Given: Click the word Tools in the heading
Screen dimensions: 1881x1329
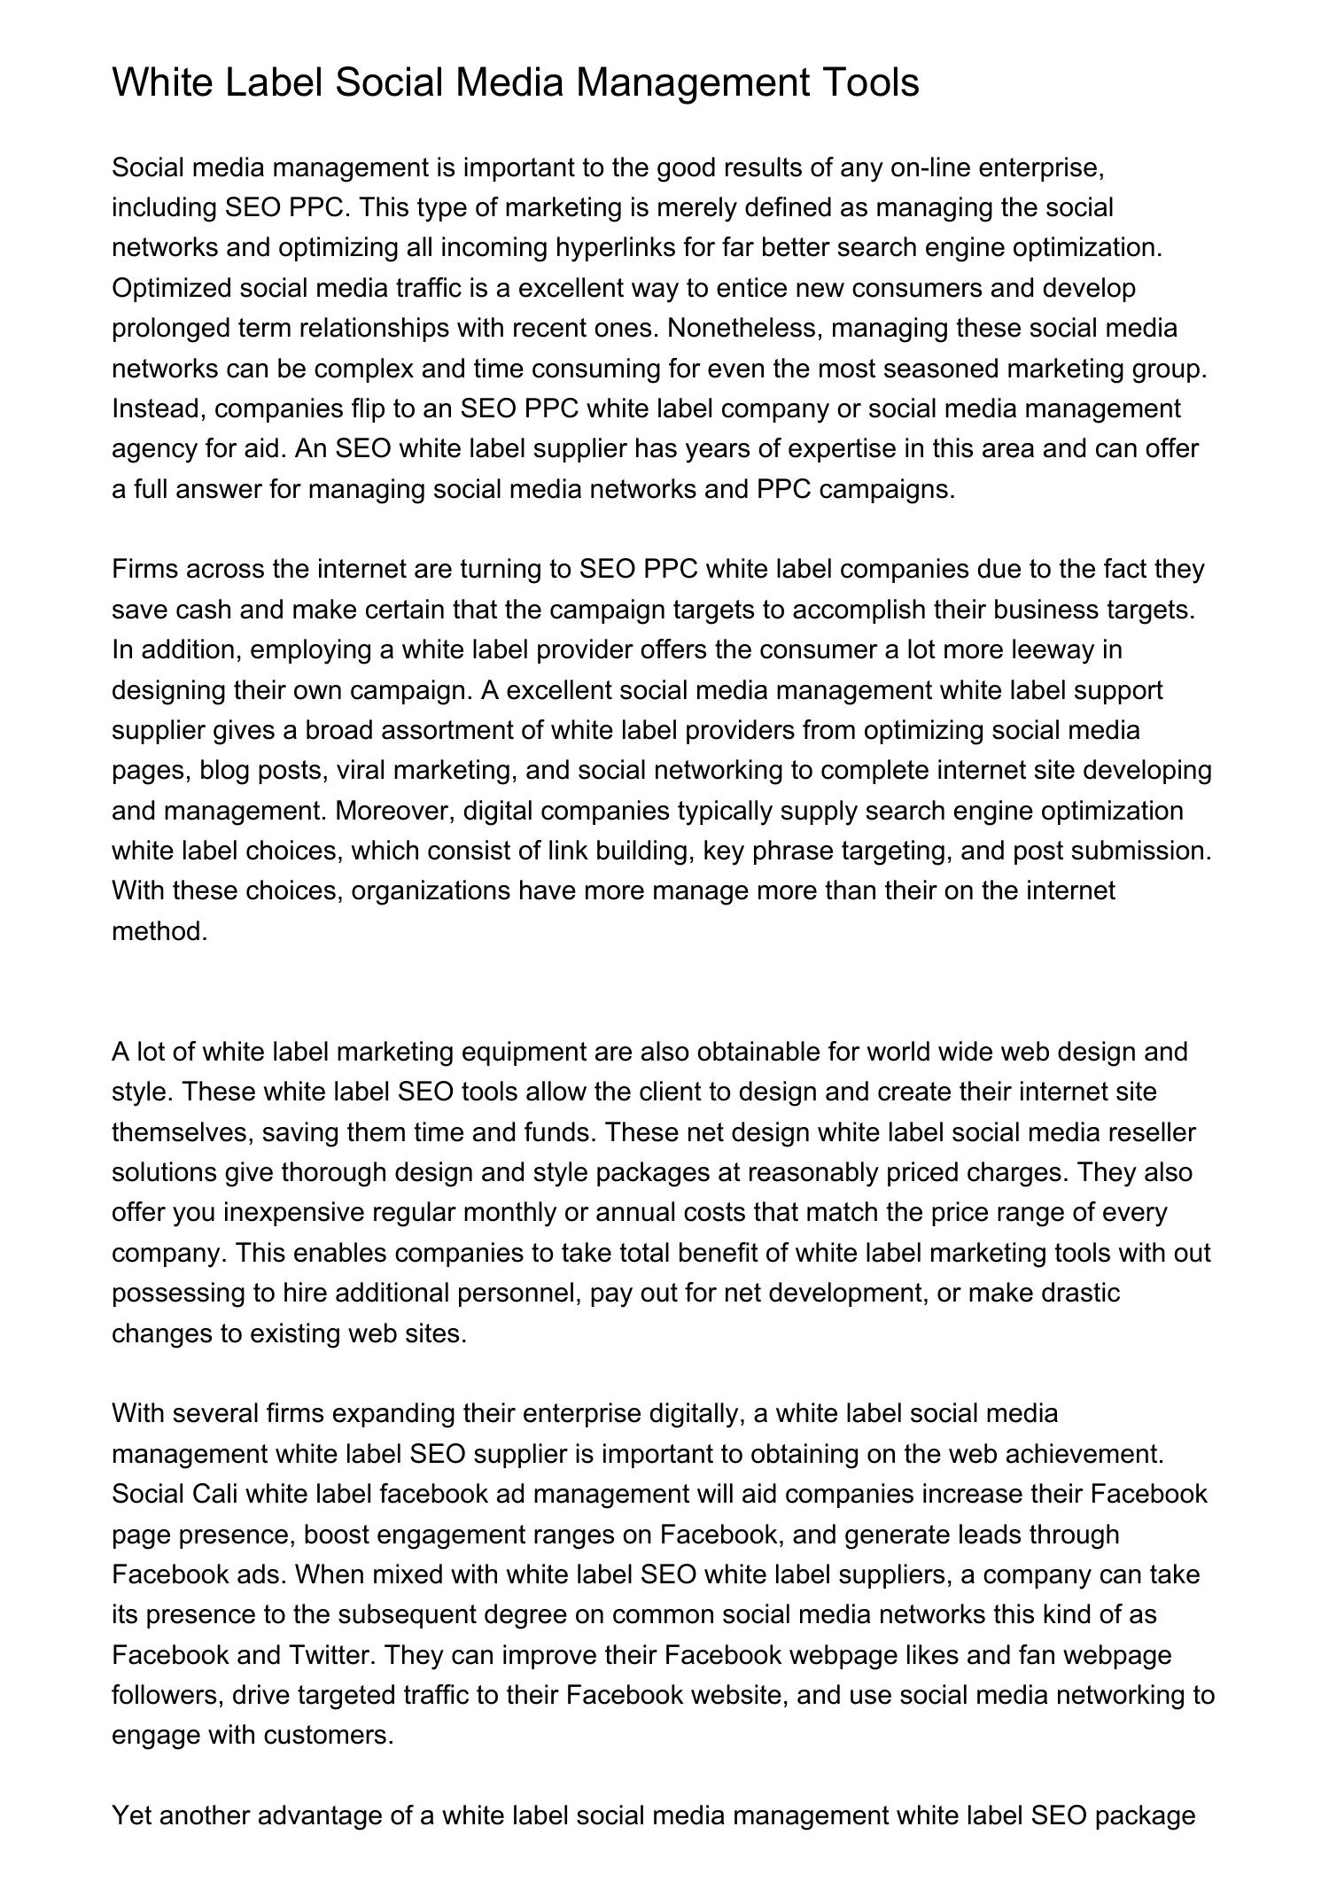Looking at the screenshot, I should click(x=872, y=83).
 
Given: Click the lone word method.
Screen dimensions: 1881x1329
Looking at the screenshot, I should click(x=159, y=932).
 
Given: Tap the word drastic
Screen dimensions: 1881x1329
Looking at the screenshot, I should click(x=1081, y=1294).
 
